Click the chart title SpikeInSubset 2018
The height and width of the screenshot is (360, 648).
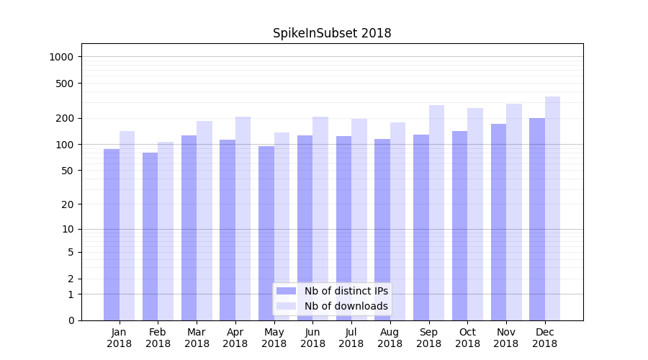click(332, 33)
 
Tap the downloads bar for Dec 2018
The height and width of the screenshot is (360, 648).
click(552, 208)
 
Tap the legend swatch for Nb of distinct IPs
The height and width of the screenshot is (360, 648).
click(287, 291)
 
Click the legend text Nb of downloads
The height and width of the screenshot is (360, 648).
click(346, 306)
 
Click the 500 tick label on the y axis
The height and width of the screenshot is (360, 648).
click(66, 84)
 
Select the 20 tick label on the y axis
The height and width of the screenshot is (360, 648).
click(68, 204)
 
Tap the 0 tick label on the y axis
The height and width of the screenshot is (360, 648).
click(71, 320)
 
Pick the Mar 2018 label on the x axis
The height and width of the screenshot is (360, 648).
click(197, 338)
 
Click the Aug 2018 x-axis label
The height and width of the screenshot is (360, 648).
click(390, 338)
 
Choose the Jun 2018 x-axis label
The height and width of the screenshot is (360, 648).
click(312, 338)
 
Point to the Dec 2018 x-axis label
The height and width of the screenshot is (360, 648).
click(545, 338)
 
